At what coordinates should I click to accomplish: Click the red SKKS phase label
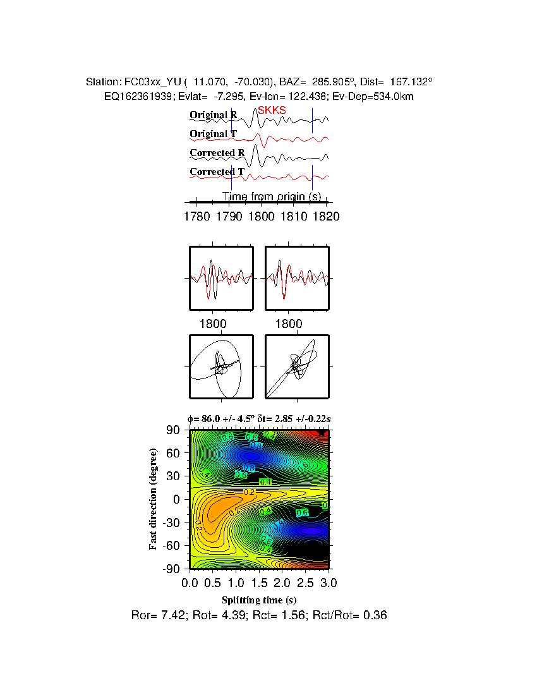pos(272,110)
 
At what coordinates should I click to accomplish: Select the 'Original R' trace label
pos(214,115)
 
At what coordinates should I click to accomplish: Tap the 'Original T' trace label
pos(214,134)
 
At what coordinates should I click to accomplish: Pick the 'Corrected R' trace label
pos(217,153)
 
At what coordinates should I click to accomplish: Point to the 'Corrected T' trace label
pos(217,172)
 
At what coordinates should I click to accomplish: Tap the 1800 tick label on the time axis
pos(262,217)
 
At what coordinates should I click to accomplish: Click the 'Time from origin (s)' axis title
pos(272,196)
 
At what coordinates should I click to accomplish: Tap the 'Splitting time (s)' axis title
pos(259,600)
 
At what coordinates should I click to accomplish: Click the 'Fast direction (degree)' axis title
pos(154,499)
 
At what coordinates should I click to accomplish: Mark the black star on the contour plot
pos(322,433)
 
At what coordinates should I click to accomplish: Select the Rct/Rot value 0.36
pos(375,615)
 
